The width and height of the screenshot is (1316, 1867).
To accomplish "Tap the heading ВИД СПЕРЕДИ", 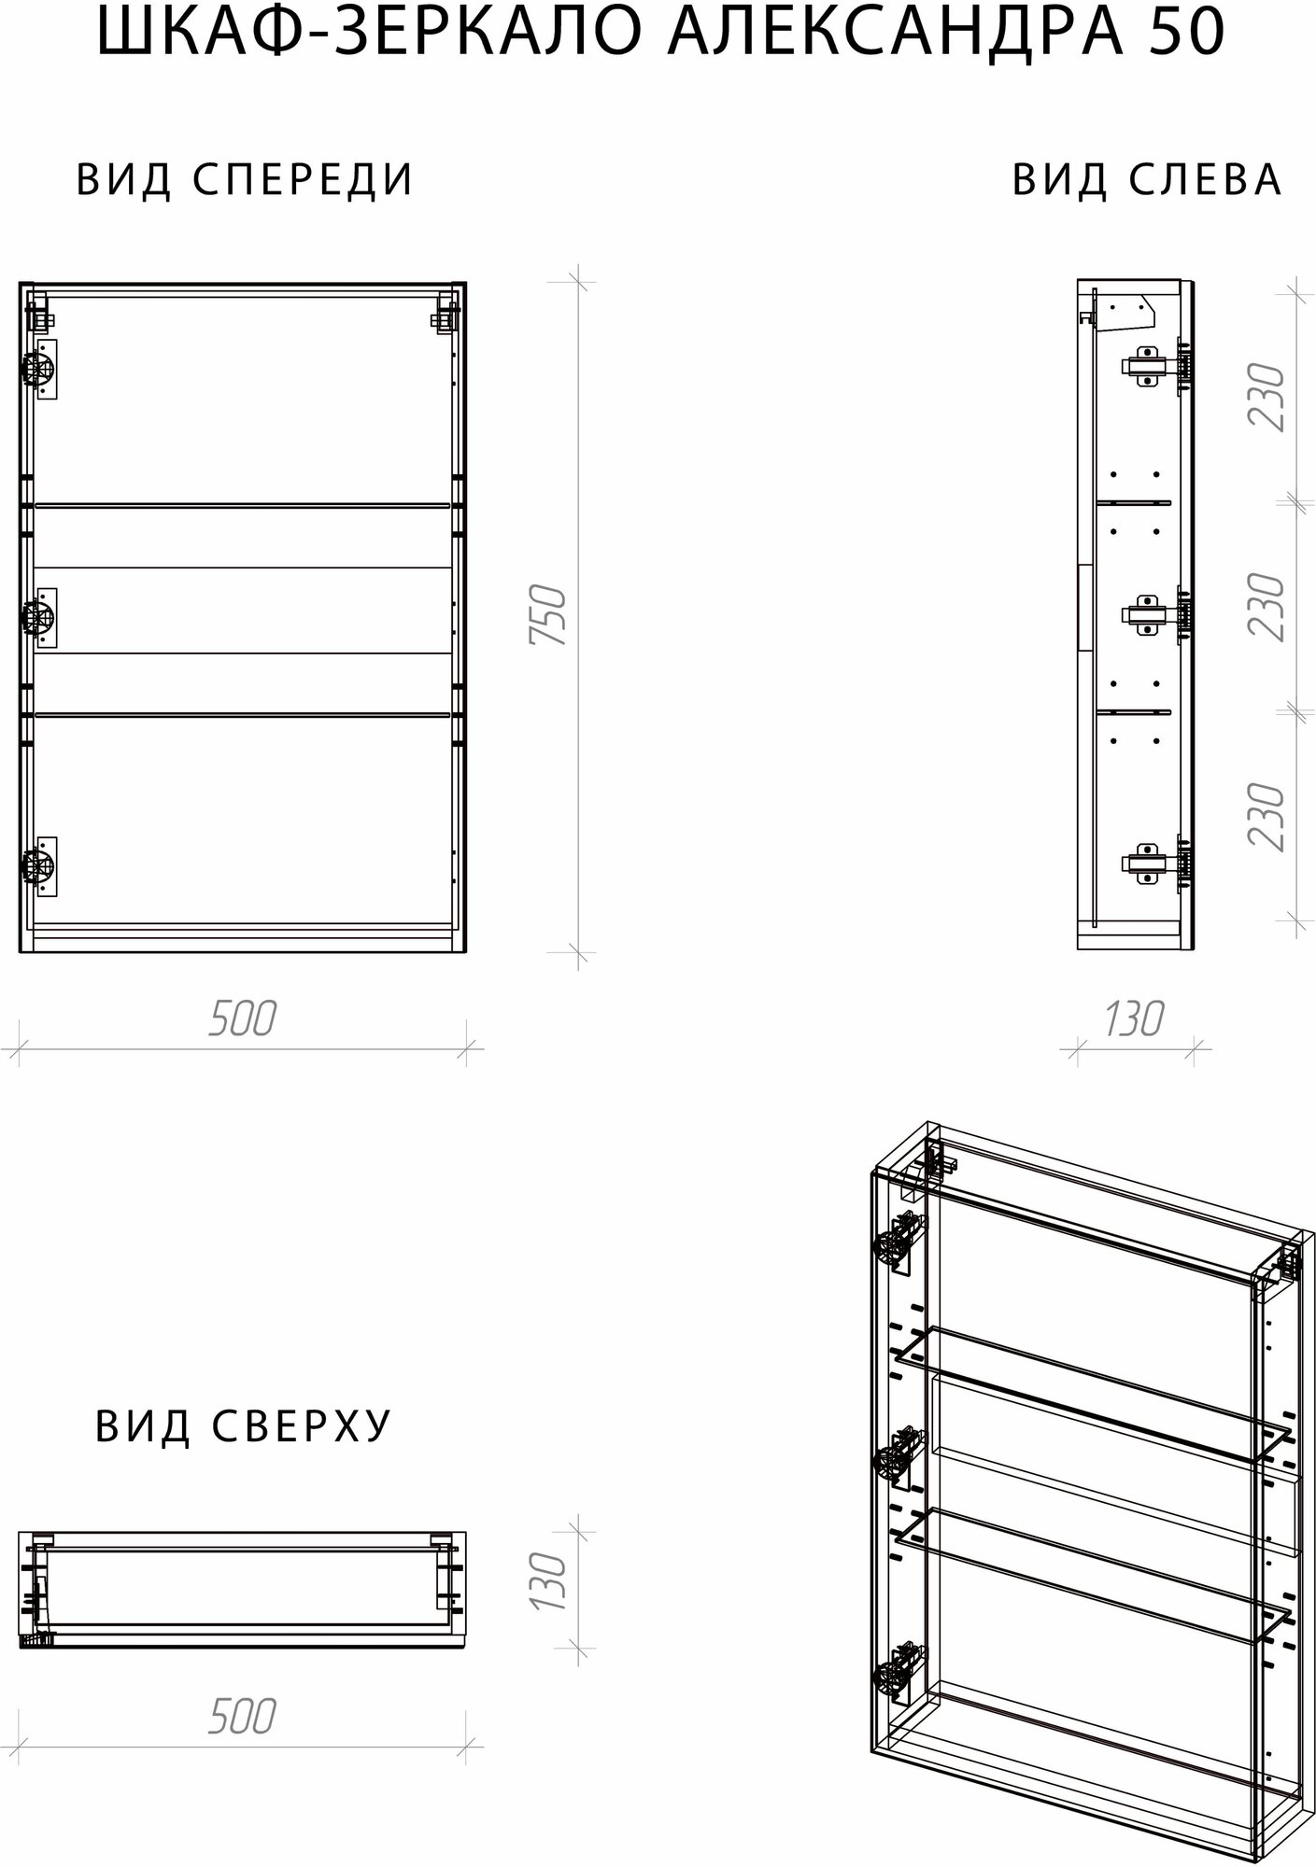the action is [245, 179].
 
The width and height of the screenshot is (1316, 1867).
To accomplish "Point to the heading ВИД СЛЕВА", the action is [1147, 179].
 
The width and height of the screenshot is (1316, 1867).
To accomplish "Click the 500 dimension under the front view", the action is [242, 1018].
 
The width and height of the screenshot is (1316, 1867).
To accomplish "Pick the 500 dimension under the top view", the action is [242, 1717].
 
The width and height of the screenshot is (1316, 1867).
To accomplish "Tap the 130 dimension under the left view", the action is [1134, 1018].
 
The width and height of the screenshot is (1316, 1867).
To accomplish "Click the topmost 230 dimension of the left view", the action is [1267, 398].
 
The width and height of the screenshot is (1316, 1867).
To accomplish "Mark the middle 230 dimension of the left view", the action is [1267, 607].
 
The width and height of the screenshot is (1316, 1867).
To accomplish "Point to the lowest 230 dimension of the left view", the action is [1267, 817].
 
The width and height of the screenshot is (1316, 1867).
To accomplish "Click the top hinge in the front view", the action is [39, 371].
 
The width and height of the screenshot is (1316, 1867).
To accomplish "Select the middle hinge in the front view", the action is [39, 617].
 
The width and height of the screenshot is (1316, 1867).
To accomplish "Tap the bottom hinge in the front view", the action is [39, 866].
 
